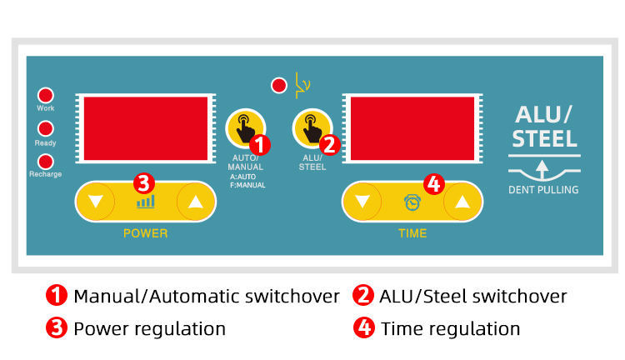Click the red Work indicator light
[x=46, y=95]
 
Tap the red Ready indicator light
[x=46, y=129]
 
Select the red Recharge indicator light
[x=46, y=162]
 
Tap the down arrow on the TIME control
[x=362, y=202]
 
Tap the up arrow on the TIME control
[x=462, y=202]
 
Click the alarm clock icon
[x=412, y=202]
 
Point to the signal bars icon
[x=146, y=202]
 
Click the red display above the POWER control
[x=146, y=128]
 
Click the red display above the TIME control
[x=412, y=128]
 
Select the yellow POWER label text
[x=146, y=233]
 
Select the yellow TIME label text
[x=412, y=233]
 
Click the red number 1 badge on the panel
[x=259, y=145]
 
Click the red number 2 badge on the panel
[x=330, y=145]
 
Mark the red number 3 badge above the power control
[x=144, y=183]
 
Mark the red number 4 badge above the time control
[x=434, y=184]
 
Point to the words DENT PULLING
[x=543, y=190]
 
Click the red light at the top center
[x=278, y=85]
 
